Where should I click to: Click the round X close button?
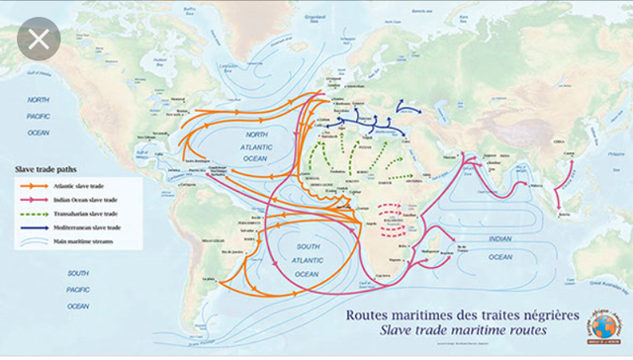[x=38, y=41]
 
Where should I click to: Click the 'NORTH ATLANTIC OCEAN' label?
[x=255, y=146]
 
